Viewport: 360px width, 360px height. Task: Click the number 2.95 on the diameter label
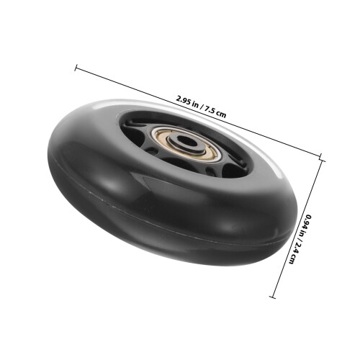[184, 99]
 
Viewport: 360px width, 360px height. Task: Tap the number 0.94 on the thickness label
[309, 221]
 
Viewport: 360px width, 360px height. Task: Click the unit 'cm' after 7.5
[221, 114]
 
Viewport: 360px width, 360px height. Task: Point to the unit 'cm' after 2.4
[294, 259]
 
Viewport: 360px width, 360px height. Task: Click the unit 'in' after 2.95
[195, 104]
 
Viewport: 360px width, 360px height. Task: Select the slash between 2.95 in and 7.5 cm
[201, 107]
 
